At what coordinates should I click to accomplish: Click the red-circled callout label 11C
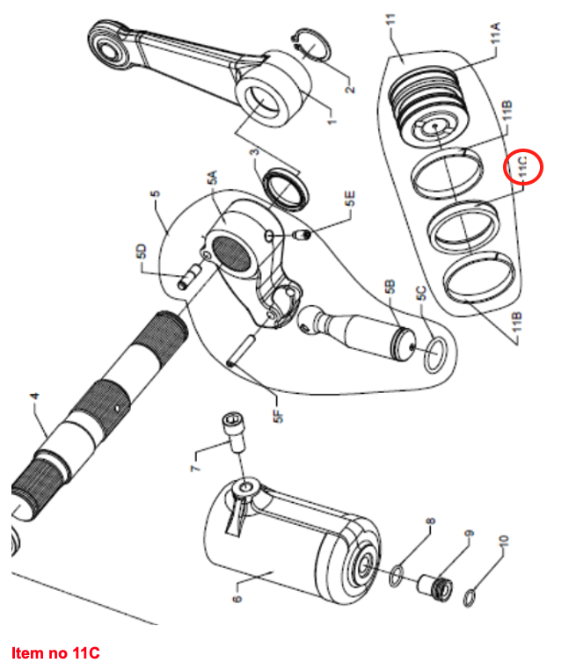524,167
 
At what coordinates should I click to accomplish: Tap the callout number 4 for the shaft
34,398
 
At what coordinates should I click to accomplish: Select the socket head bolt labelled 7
233,432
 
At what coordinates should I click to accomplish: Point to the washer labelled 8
397,575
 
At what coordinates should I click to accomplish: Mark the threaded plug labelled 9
434,586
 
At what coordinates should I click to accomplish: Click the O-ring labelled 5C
434,357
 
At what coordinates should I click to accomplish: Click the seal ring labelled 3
288,186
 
